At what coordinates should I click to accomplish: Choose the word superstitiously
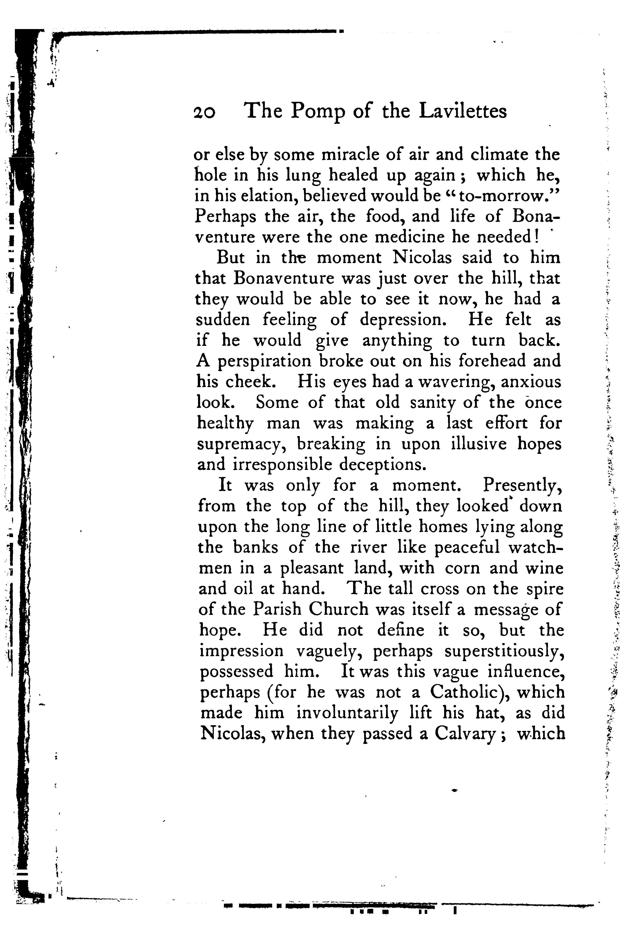(x=504, y=651)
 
